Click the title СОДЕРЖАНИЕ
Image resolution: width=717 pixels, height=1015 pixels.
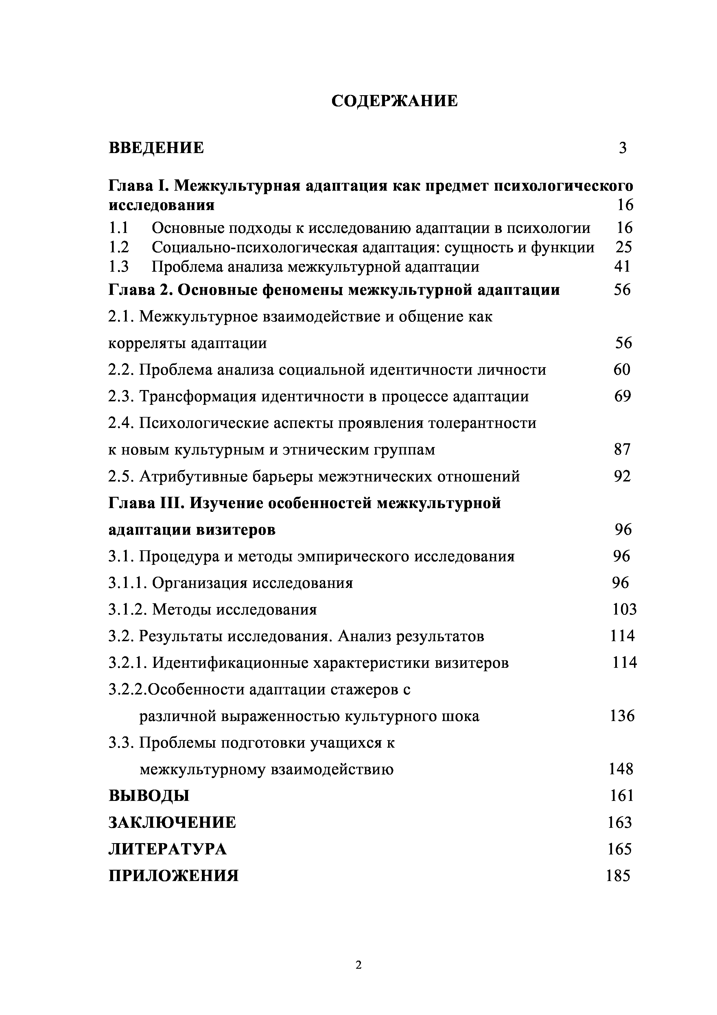pyautogui.click(x=395, y=101)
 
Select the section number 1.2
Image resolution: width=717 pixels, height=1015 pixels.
pyautogui.click(x=118, y=247)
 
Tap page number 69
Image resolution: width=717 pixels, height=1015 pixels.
pyautogui.click(x=622, y=396)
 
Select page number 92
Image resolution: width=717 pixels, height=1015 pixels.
pyautogui.click(x=622, y=476)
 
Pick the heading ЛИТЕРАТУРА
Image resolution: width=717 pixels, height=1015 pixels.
pyautogui.click(x=167, y=849)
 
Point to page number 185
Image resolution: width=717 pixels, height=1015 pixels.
pyautogui.click(x=618, y=876)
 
